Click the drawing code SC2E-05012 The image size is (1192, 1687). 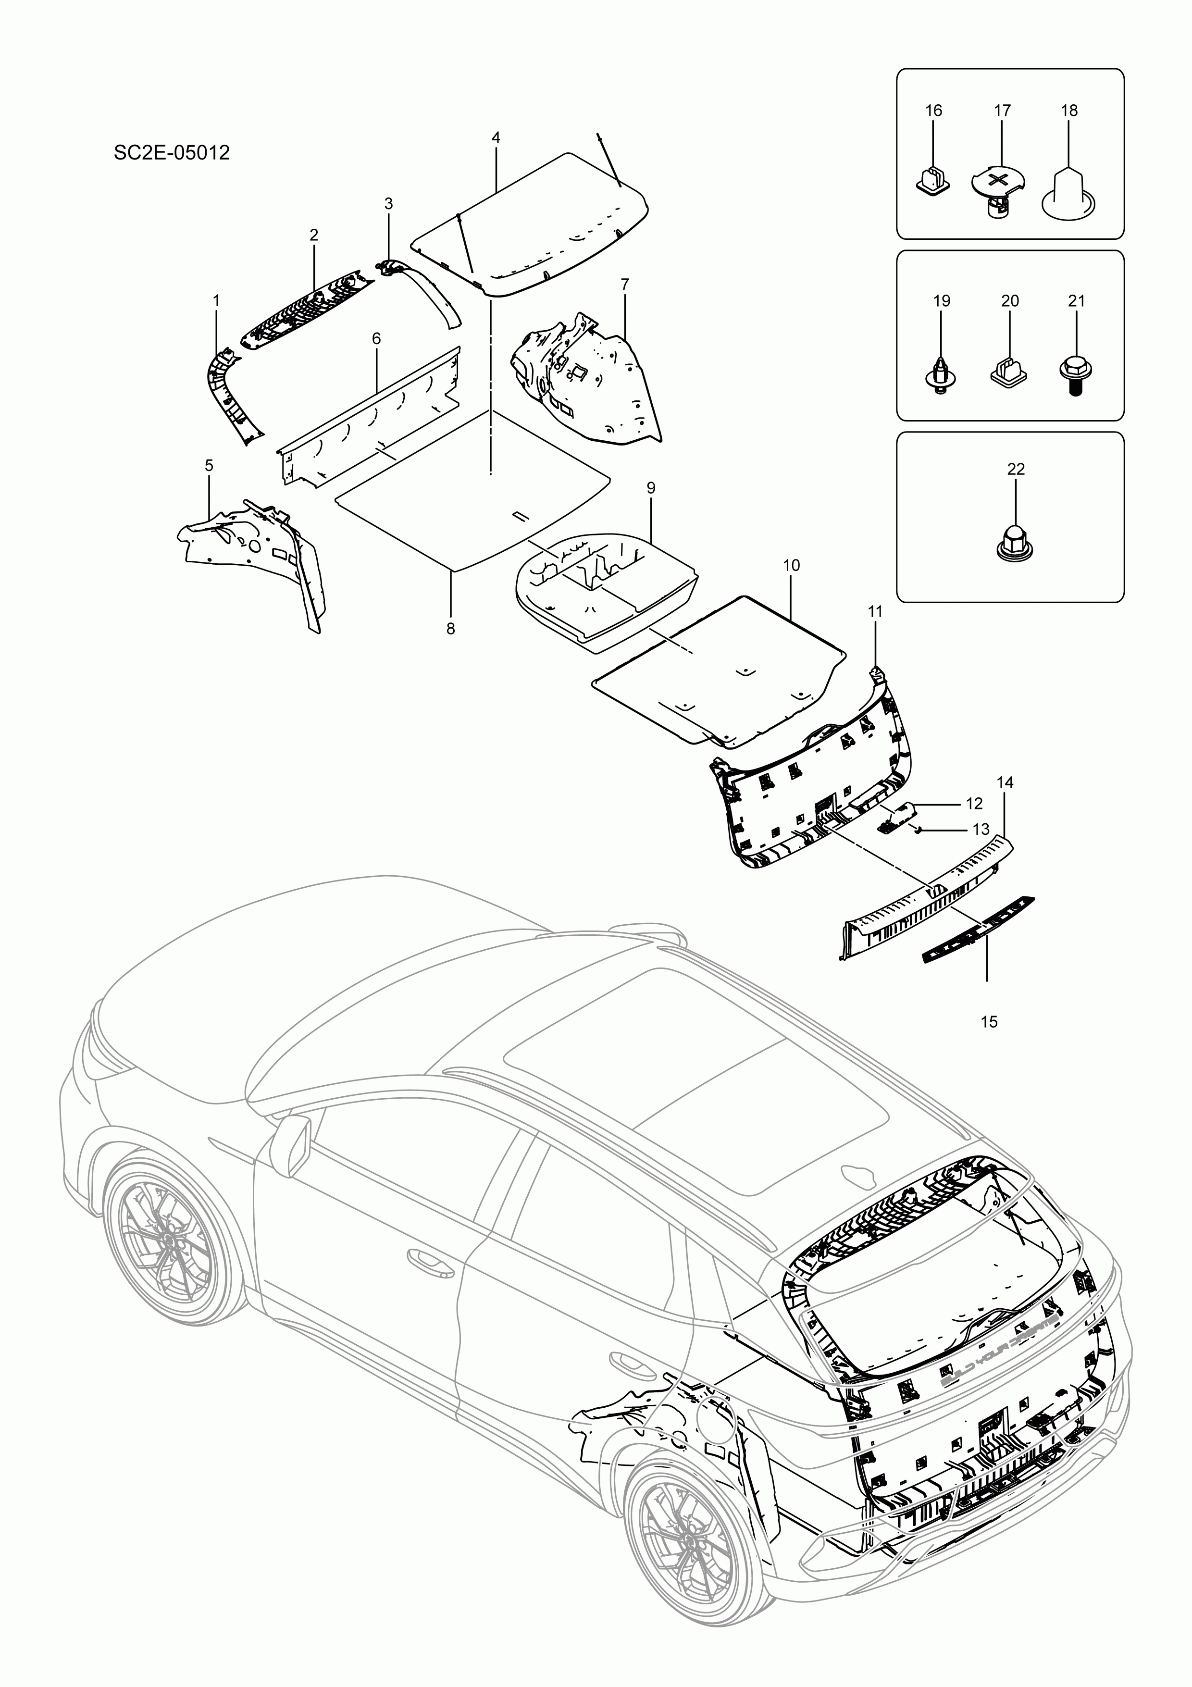pos(171,153)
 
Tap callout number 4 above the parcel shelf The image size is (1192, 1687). pos(496,137)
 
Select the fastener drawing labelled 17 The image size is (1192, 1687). pos(997,189)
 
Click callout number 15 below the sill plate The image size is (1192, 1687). pos(989,1022)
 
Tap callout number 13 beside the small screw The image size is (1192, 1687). pos(981,830)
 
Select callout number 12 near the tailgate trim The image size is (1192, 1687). pos(974,804)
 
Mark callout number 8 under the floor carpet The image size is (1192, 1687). pos(450,629)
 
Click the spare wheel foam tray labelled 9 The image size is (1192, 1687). pos(606,581)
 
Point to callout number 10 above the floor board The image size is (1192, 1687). pos(792,565)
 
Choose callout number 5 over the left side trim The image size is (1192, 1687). pos(209,465)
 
